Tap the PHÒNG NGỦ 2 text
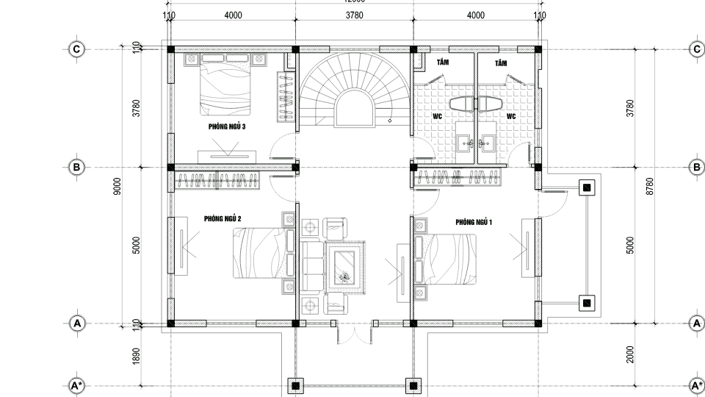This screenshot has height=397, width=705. [223, 218]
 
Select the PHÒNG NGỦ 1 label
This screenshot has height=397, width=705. [474, 221]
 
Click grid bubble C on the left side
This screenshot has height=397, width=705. [76, 49]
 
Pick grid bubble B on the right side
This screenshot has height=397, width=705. [696, 168]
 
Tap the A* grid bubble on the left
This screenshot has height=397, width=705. [76, 385]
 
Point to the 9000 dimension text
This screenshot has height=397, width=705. [117, 186]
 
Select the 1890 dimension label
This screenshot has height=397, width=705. [136, 355]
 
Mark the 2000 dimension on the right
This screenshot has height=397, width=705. [631, 354]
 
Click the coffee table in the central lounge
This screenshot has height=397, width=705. [343, 266]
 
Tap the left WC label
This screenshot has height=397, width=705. [436, 116]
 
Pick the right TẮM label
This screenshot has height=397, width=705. [501, 64]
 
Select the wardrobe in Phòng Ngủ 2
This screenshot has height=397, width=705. [218, 181]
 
